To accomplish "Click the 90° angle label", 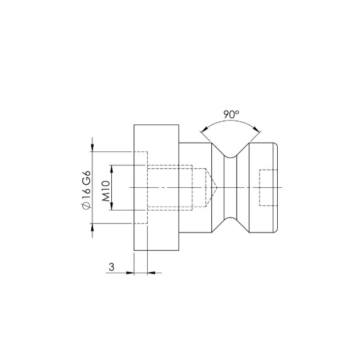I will [231, 114].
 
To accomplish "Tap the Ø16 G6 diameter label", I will [86, 188].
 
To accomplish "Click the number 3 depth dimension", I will [111, 267].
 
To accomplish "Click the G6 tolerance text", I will [86, 175].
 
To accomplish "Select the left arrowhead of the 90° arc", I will [202, 131].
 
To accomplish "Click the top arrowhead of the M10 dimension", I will [111, 168].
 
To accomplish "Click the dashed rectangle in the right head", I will [267, 188].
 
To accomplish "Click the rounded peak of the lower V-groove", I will [231, 221].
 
